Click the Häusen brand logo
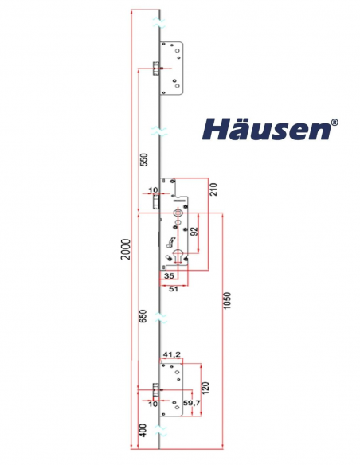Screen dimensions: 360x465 (270, 129)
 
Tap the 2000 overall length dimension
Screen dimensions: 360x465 (125, 249)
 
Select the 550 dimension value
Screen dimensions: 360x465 (143, 160)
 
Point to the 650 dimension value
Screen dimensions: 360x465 (143, 316)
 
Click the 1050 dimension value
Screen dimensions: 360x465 (227, 301)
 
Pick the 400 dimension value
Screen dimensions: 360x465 (143, 431)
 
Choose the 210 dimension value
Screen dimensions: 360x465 (213, 190)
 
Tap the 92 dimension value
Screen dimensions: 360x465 (194, 232)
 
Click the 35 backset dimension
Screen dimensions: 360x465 (169, 276)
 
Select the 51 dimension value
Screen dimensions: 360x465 (174, 289)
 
